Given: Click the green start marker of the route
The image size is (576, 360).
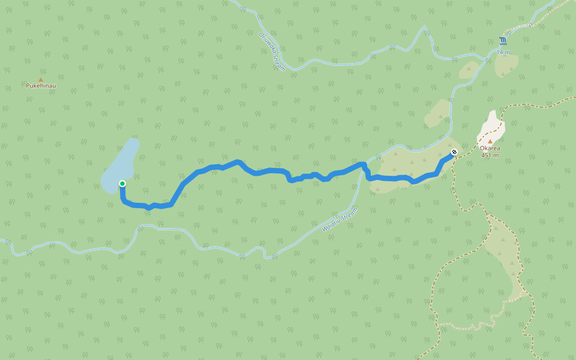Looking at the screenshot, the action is [x=122, y=184].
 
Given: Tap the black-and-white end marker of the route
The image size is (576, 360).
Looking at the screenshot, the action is [x=454, y=152].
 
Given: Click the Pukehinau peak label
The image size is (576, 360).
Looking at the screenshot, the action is [x=41, y=86].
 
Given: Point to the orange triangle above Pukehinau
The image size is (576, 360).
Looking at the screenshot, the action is [x=41, y=79].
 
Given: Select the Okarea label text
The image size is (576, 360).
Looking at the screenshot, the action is [x=490, y=148].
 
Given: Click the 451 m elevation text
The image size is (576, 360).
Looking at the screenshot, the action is [x=490, y=155].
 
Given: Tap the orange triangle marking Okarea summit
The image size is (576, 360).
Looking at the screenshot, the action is [x=490, y=142].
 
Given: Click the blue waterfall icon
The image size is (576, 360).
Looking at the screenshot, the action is [x=503, y=41].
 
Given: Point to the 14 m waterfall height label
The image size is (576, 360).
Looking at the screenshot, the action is [x=503, y=52].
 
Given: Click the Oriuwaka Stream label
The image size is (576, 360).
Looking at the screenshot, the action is [x=272, y=52].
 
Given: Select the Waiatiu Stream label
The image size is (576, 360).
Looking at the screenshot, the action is [x=340, y=220].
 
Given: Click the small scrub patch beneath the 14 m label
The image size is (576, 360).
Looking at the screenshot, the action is [x=506, y=65].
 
